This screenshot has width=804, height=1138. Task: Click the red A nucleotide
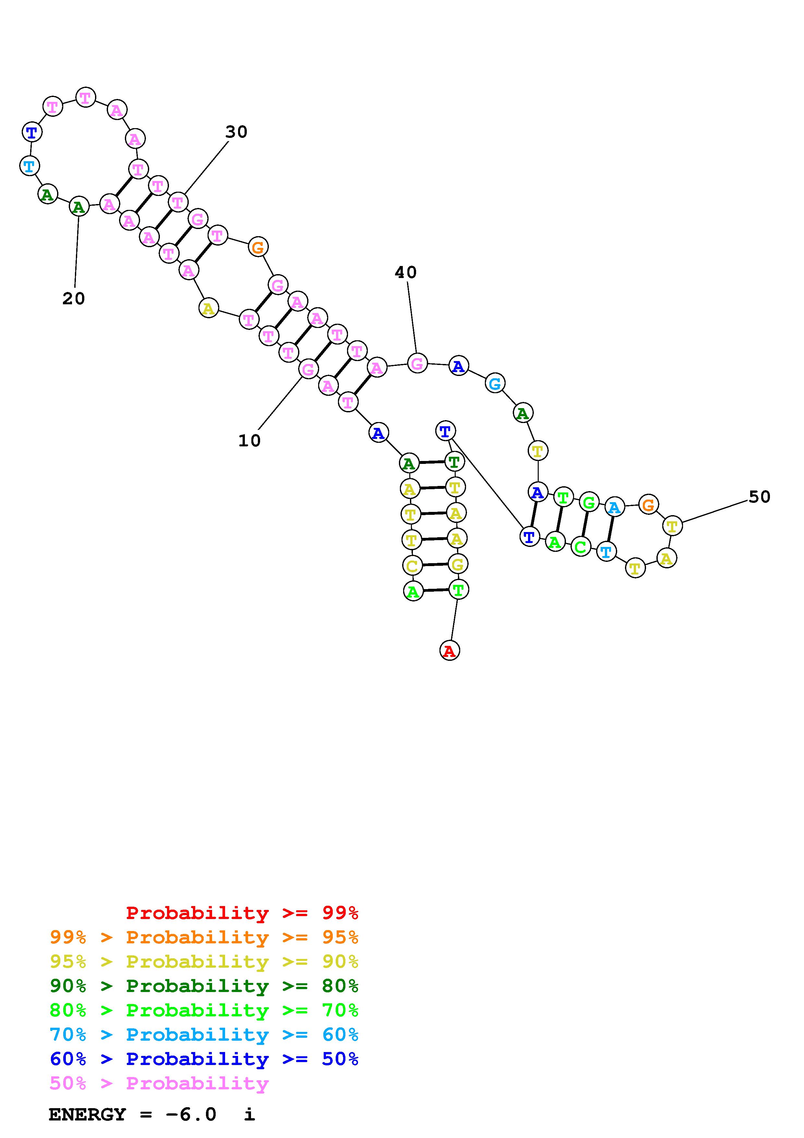coord(449,650)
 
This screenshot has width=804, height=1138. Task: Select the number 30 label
coord(236,132)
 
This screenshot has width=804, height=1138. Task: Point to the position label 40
coord(406,272)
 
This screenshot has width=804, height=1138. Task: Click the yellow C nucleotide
coord(412,565)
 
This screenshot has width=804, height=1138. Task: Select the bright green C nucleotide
coord(581,547)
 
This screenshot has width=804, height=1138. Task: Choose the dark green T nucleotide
coord(454,462)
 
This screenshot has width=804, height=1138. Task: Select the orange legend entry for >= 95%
coord(204,937)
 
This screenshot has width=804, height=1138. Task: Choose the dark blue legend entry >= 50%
coord(204,1059)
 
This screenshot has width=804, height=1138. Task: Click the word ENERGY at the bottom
coord(87,1114)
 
